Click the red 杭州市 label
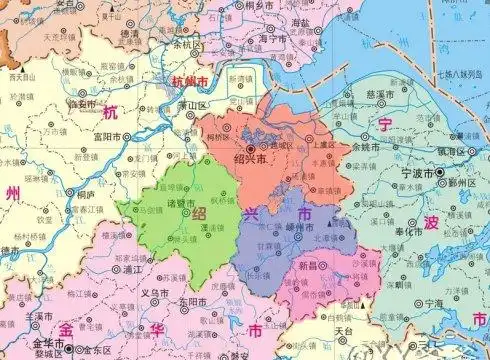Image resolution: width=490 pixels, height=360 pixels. click(x=191, y=80)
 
